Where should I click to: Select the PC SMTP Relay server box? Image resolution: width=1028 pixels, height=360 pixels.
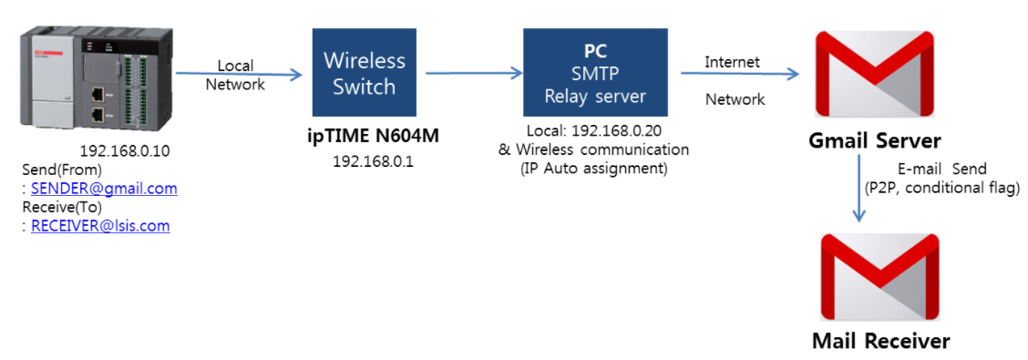594,73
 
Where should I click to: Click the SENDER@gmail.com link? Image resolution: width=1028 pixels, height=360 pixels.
104,189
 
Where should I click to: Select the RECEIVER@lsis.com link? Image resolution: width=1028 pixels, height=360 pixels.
100,226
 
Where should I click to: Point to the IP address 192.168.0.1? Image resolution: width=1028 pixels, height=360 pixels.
364,160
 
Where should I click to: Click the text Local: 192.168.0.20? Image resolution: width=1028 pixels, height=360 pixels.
593,130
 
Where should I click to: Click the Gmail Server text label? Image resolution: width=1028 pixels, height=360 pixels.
874,141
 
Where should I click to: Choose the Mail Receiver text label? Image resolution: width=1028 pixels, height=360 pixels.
880,342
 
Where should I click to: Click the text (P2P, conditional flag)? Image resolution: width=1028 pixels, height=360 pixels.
941,187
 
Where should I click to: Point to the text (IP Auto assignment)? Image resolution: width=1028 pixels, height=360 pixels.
593,168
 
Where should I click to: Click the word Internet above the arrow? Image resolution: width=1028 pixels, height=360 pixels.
732,62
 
